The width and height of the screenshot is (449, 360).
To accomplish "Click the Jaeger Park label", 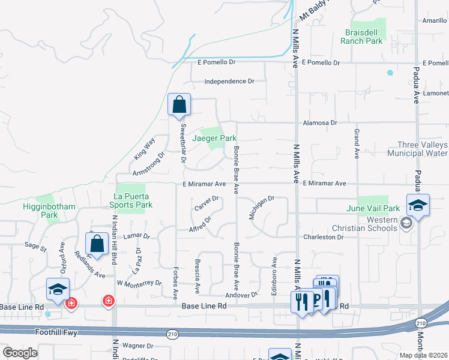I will click(214, 138).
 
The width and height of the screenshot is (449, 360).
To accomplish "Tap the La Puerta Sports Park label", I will click(133, 200).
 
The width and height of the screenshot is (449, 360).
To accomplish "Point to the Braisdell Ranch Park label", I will click(361, 37).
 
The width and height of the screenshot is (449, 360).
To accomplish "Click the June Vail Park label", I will click(373, 208).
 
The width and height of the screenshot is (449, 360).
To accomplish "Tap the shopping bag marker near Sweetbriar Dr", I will click(179, 105).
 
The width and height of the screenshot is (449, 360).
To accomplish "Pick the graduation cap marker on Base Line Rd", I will click(58, 289).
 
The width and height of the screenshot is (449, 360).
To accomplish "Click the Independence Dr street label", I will click(229, 82).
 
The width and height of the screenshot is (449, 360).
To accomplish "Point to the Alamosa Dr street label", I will click(320, 122).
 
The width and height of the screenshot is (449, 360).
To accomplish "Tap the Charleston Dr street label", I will click(324, 237).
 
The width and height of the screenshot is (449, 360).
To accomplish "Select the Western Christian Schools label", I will click(365, 224).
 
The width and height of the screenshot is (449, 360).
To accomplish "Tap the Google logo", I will click(20, 353).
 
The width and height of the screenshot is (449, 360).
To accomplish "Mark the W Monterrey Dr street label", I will click(139, 283).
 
